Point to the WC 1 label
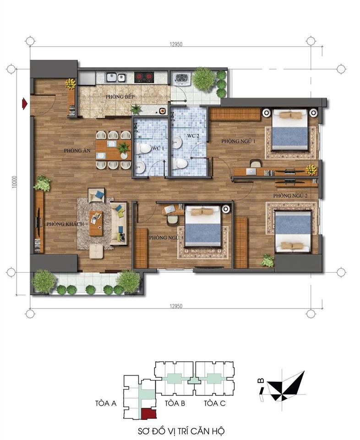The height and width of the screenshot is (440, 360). click(157, 148)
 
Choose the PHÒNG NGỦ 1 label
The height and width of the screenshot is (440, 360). click(238, 141)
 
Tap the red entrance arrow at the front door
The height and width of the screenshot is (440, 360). click(24, 104)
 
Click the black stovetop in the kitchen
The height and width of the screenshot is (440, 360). click(145, 77)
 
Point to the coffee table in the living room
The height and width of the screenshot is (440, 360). click(96, 223)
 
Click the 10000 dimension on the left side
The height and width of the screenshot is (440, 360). click(15, 182)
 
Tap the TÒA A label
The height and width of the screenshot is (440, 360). click(106, 404)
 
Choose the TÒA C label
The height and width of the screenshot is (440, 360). click(215, 404)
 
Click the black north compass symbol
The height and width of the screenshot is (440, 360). click(286, 385)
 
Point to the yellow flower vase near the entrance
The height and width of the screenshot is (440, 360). click(71, 84)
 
